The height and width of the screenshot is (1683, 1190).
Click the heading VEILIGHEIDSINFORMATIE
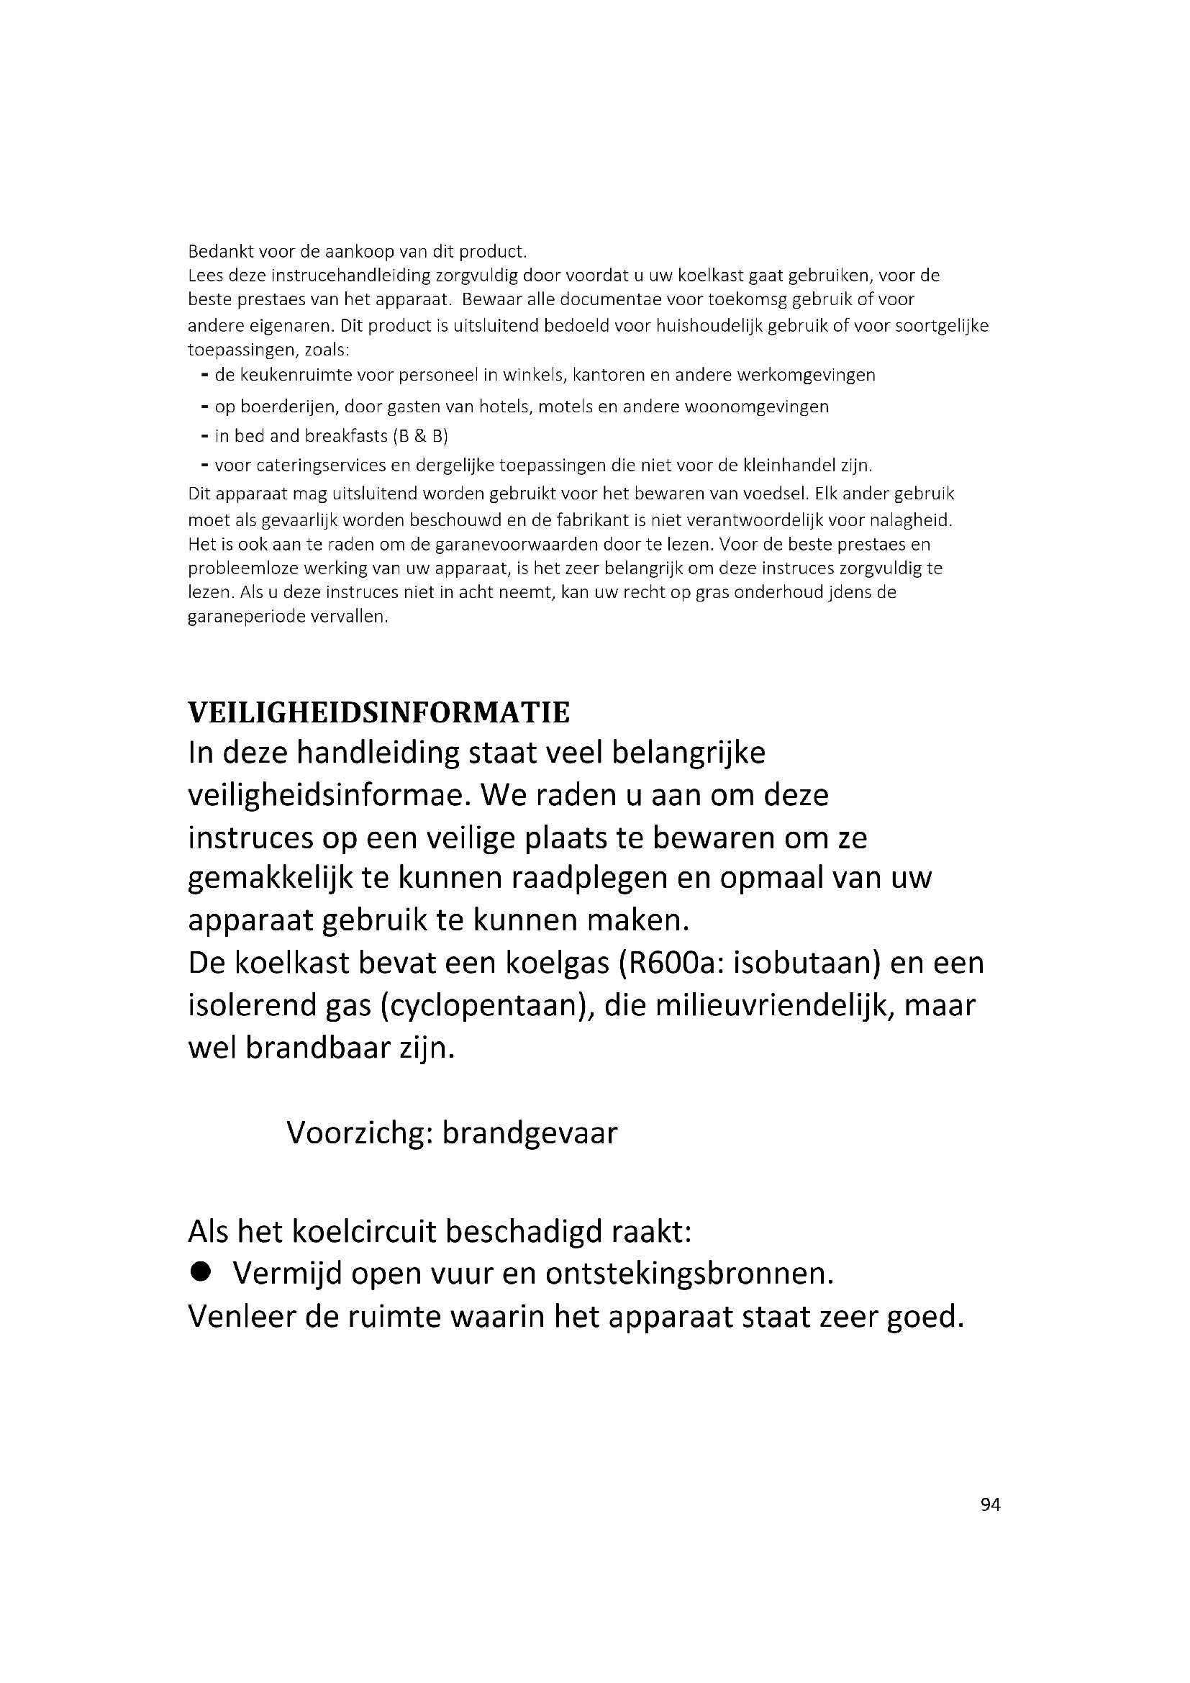click(x=379, y=713)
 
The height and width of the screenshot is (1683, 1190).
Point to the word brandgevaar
click(x=530, y=1133)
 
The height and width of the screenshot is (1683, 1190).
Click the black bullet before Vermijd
click(x=199, y=1274)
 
